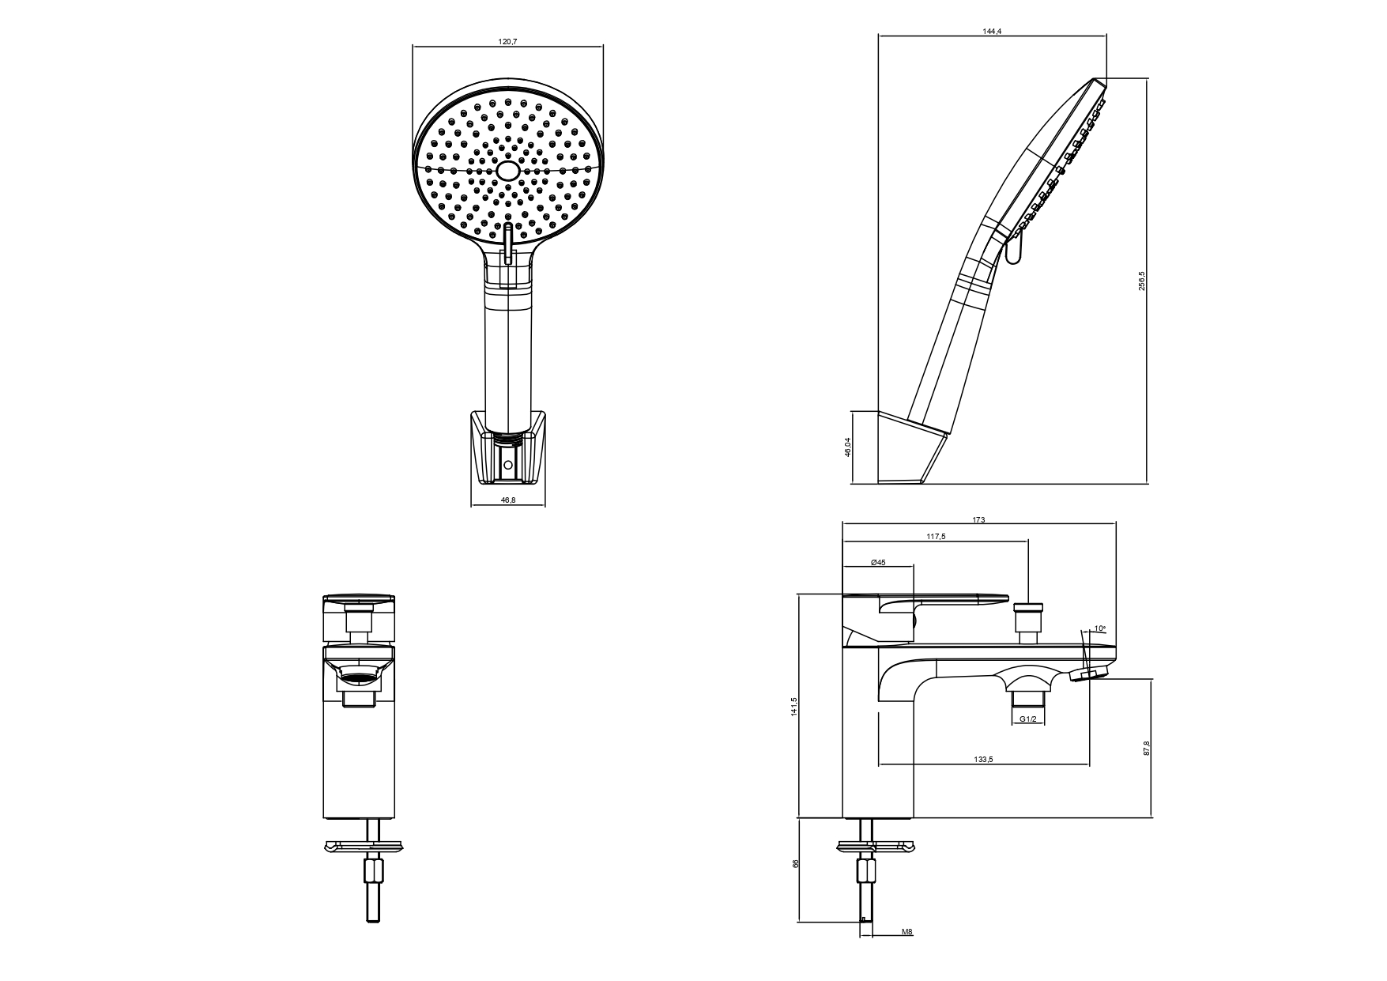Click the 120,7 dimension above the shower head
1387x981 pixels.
507,41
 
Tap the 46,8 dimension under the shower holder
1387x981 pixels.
507,500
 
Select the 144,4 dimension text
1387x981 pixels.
993,32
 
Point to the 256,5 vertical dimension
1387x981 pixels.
1141,281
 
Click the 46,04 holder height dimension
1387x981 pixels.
848,447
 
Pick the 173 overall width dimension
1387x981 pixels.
978,519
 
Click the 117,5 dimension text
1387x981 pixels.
936,537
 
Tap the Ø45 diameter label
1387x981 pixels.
878,562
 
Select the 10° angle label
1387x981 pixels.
1099,629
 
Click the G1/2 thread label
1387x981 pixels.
1027,719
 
